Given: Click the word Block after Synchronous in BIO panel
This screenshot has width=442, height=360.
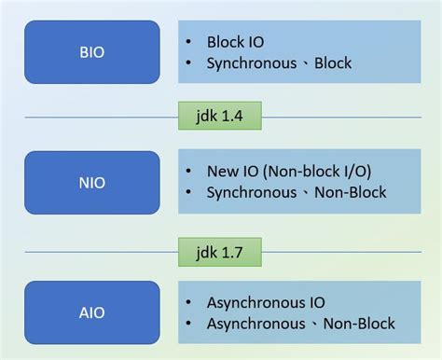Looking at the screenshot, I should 332,64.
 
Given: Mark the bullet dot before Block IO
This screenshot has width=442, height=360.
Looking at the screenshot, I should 189,43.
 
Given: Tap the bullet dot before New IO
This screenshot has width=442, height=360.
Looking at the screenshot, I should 189,172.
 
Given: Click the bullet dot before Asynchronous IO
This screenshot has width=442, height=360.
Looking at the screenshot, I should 189,302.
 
